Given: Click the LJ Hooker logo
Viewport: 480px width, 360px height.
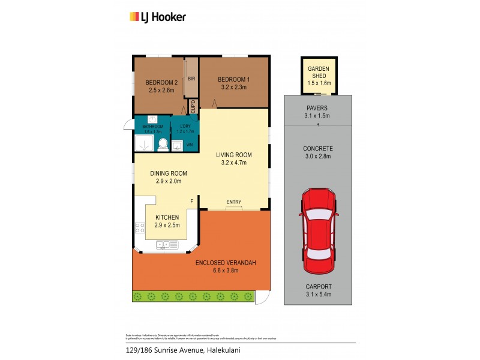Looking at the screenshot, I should coord(158,17).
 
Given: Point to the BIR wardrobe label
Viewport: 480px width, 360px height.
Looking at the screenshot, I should coord(191,79).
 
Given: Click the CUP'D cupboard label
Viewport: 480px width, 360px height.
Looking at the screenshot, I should coord(193,107).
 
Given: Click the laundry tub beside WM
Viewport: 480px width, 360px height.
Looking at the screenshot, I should coord(176,145).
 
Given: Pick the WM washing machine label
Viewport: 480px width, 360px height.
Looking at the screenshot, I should coord(190,145).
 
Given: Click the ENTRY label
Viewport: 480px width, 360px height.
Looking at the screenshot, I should coord(234,202).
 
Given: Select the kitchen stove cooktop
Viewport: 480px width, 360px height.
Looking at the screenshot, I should coord(140,228).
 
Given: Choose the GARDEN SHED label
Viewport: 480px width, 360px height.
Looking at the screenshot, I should coord(319,73).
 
